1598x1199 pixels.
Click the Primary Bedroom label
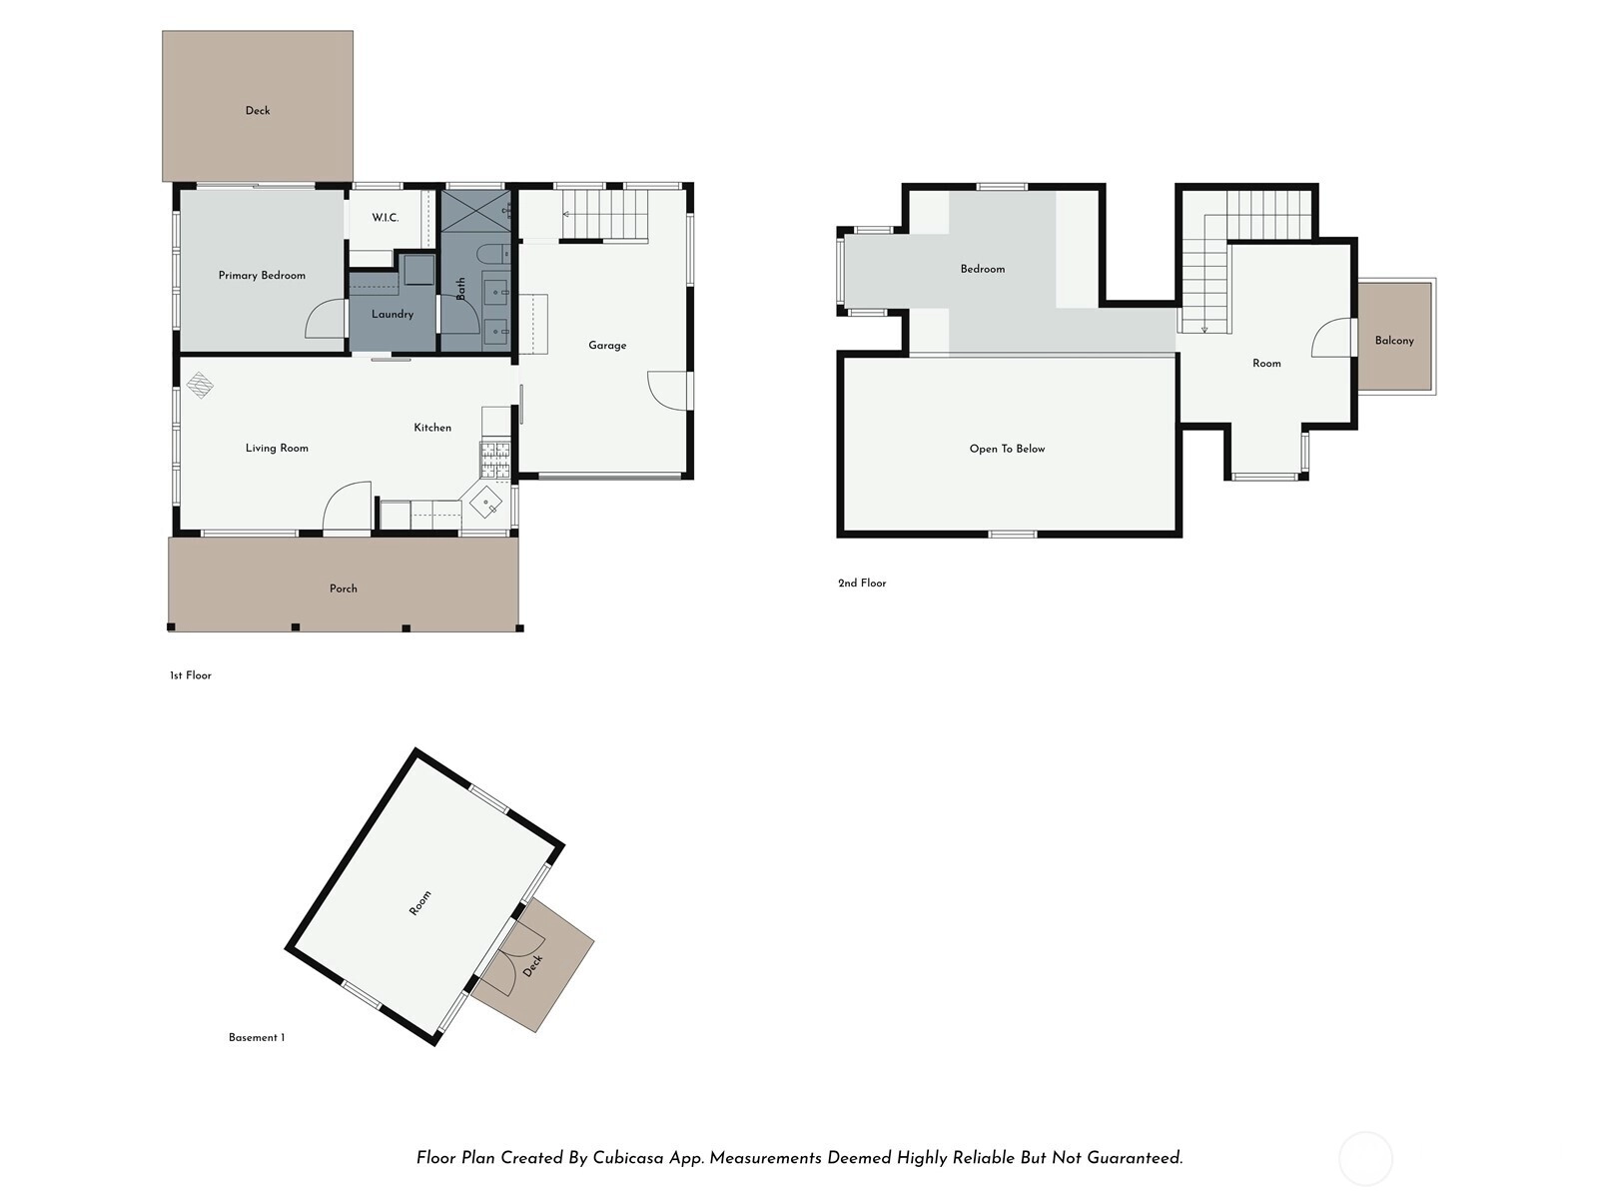tap(262, 275)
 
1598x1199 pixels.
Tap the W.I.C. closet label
tap(386, 218)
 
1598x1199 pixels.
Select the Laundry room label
tap(393, 315)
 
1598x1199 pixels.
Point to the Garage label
tap(607, 346)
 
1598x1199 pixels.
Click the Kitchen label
tap(432, 428)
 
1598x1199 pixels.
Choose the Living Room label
tap(277, 449)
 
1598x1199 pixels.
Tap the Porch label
tap(343, 589)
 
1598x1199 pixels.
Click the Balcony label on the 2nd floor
tap(1394, 341)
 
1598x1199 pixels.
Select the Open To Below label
tap(1007, 450)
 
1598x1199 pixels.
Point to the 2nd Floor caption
tap(862, 584)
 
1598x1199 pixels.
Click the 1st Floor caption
tap(191, 675)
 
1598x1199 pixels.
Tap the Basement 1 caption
tap(257, 1037)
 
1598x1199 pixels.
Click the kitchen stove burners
tap(495, 460)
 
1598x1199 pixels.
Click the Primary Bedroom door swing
tap(325, 318)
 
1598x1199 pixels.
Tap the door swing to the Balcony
tap(1331, 338)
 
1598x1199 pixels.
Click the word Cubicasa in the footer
tap(627, 1158)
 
